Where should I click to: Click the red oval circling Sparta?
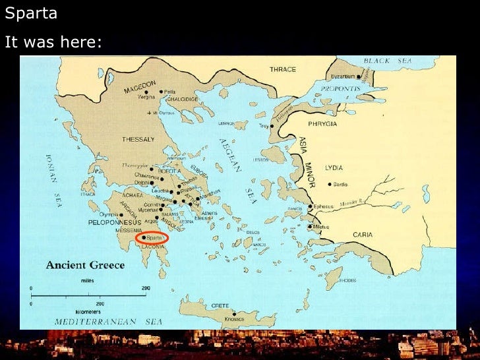coord(152,238)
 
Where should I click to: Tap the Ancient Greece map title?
coord(84,266)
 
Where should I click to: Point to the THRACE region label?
coord(283,69)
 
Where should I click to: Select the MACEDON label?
coord(140,85)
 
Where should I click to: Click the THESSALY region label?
coord(138,140)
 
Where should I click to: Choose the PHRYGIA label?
coord(322,124)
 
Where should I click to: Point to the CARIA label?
coord(363,234)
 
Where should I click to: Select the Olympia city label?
coord(109,214)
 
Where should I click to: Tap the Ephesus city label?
coord(324,206)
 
